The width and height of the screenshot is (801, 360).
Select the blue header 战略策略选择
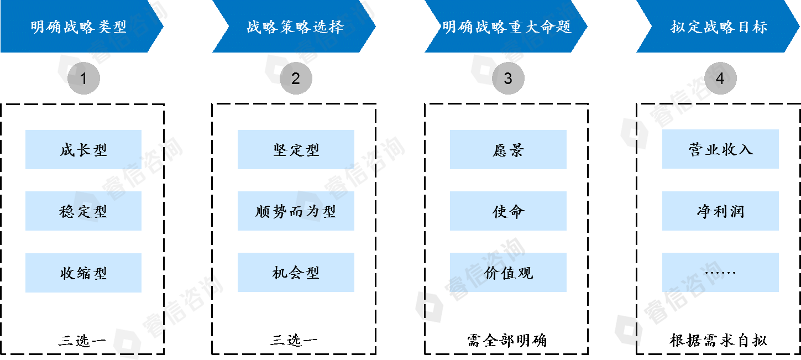(x=294, y=27)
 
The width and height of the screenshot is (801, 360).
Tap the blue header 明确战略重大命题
(x=506, y=27)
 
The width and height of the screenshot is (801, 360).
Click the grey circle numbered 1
(x=83, y=79)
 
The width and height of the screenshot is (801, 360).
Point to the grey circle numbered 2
(x=296, y=79)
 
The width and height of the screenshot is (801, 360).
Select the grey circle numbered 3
(x=508, y=79)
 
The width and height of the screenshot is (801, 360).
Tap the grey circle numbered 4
(x=720, y=79)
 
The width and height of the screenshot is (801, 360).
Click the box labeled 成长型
(x=83, y=149)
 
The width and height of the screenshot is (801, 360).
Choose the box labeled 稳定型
(x=83, y=211)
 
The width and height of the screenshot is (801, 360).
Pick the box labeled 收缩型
(x=83, y=273)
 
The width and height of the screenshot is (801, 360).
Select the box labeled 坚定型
(x=296, y=149)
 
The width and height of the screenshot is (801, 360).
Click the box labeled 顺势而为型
(x=296, y=211)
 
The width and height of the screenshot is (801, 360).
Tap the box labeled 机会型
(x=296, y=273)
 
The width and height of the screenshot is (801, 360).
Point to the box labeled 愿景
(x=508, y=149)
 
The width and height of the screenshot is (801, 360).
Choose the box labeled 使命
(x=508, y=211)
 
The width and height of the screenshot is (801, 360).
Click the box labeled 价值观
(x=508, y=273)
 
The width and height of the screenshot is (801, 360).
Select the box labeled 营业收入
(x=720, y=149)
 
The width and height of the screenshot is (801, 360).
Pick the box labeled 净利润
(x=720, y=211)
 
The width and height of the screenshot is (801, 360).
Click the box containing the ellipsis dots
(x=720, y=273)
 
